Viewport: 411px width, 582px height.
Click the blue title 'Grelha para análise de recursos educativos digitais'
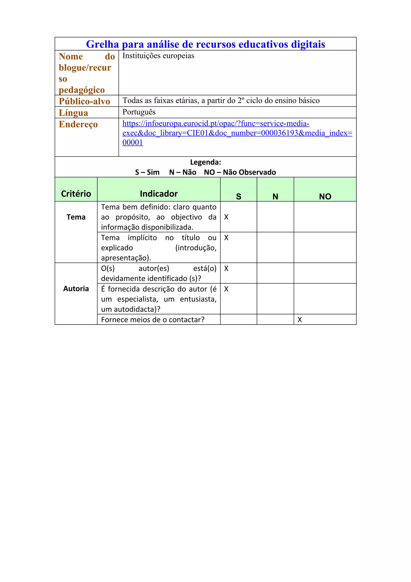(x=205, y=44)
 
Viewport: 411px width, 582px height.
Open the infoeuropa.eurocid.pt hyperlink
(x=216, y=124)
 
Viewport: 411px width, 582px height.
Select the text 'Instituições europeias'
(x=158, y=56)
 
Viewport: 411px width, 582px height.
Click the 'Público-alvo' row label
(x=84, y=101)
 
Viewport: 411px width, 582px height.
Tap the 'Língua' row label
(x=73, y=112)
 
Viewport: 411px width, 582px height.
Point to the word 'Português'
(x=139, y=112)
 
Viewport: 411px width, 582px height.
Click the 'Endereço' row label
(x=78, y=124)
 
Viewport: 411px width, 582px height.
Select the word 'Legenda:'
(x=205, y=162)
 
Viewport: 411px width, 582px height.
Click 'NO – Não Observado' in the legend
(x=240, y=172)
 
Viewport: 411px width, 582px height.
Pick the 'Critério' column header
(x=76, y=194)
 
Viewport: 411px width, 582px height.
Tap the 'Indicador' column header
(x=159, y=194)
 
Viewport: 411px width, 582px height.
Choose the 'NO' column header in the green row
(x=325, y=196)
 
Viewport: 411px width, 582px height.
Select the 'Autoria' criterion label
(x=76, y=289)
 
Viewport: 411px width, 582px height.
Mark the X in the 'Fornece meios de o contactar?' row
(x=300, y=320)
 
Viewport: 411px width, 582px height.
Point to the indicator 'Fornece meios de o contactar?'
(x=153, y=320)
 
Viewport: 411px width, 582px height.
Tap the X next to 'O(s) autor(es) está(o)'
(x=226, y=269)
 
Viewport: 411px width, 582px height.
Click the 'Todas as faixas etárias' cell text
(x=221, y=101)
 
